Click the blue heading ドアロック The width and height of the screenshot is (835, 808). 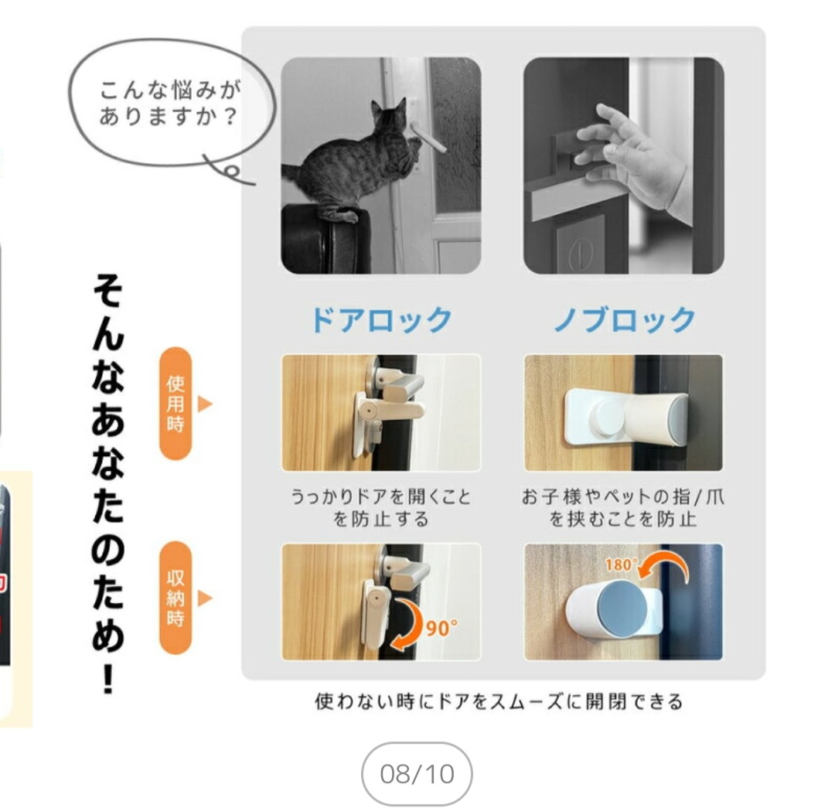pyautogui.click(x=381, y=319)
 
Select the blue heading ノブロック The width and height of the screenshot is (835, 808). pyautogui.click(x=624, y=319)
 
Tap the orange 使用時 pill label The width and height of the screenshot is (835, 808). pyautogui.click(x=176, y=403)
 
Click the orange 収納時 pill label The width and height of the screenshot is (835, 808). pyautogui.click(x=176, y=598)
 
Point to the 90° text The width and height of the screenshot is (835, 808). pyautogui.click(x=441, y=629)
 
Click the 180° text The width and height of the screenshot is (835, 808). pyautogui.click(x=621, y=564)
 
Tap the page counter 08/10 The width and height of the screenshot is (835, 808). pyautogui.click(x=417, y=774)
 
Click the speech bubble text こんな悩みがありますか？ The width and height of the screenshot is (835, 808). pyautogui.click(x=170, y=103)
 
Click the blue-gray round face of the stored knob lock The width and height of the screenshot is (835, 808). pyautogui.click(x=622, y=609)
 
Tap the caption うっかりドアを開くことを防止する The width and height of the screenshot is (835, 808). pyautogui.click(x=380, y=507)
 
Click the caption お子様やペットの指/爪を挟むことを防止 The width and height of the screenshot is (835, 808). pyautogui.click(x=623, y=507)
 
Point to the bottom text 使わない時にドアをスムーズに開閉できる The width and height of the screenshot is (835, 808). pyautogui.click(x=499, y=701)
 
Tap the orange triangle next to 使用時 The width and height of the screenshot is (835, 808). pyautogui.click(x=204, y=403)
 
